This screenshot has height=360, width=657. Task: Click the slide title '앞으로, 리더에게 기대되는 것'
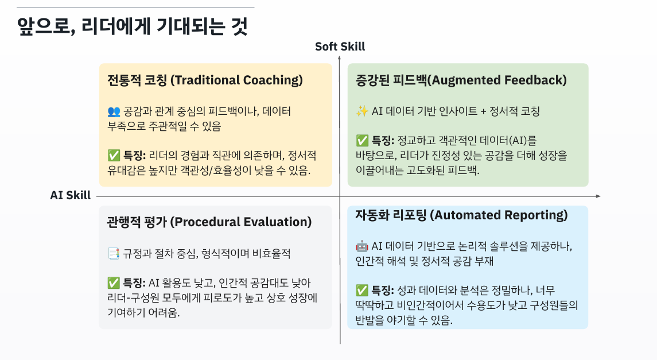click(x=133, y=26)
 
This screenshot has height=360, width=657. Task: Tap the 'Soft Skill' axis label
click(x=340, y=47)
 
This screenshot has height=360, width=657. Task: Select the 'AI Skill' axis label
click(x=70, y=195)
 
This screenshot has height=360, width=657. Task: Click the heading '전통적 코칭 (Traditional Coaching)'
click(x=205, y=80)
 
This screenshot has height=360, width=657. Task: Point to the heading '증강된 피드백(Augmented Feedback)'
click(x=461, y=80)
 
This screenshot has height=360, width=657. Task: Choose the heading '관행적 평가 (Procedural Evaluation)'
click(x=209, y=222)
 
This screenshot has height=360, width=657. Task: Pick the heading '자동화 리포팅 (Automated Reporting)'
click(x=461, y=215)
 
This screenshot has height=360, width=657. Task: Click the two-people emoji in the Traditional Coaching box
click(x=113, y=111)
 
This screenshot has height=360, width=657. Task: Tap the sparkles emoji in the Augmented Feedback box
click(x=361, y=111)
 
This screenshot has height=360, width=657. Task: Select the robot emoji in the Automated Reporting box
click(x=361, y=246)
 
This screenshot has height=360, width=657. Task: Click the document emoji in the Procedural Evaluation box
click(x=113, y=253)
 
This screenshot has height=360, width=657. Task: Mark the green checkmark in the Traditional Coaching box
click(x=113, y=155)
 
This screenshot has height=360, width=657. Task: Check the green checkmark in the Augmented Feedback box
click(x=361, y=141)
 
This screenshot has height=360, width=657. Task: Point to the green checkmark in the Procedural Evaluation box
click(x=113, y=282)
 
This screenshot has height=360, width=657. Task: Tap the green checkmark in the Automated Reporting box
click(x=361, y=290)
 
